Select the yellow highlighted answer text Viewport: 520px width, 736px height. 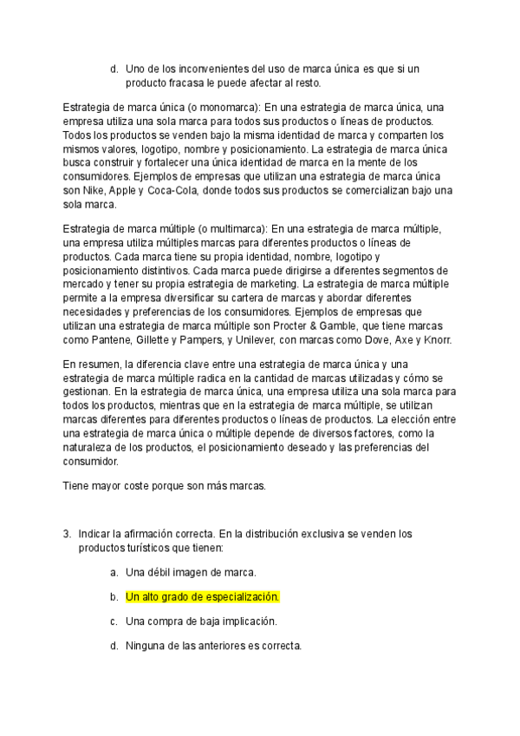point(203,597)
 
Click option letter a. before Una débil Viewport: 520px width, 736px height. point(114,573)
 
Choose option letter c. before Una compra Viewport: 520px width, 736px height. point(114,621)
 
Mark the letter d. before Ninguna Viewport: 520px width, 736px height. point(114,646)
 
